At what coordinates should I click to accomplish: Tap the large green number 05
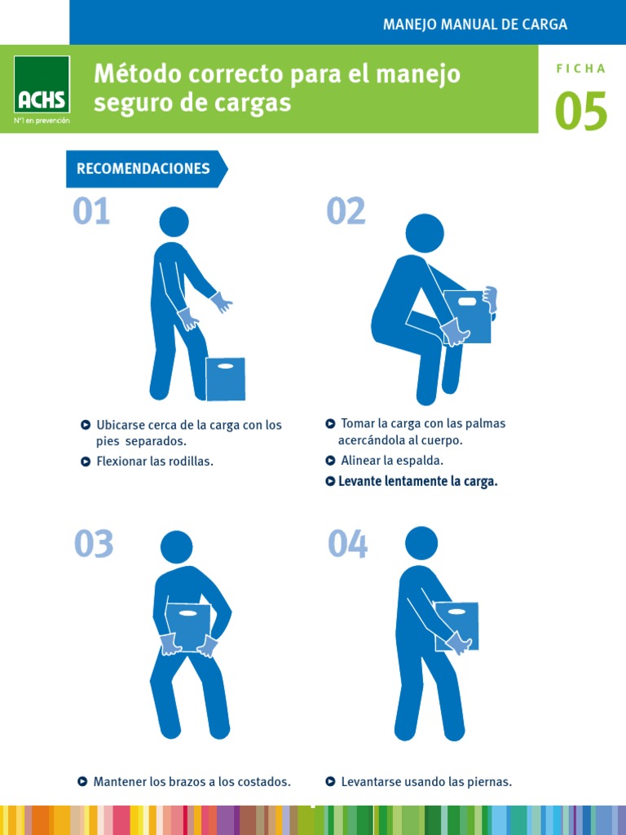pos(581,112)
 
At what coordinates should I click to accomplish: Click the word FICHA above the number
pos(581,69)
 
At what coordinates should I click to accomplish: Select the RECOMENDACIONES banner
pos(143,169)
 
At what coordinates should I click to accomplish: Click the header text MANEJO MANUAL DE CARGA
pos(475,24)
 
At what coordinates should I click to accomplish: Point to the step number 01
pos(91,212)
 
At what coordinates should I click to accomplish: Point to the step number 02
pos(346,212)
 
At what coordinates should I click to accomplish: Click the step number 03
pos(94,545)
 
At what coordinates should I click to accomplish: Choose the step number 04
pos(348,545)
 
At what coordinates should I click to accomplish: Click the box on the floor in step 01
pos(225,378)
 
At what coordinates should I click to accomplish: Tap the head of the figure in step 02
pos(425,233)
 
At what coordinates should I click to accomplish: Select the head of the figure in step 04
pos(421,543)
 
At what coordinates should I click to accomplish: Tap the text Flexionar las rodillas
pos(155,462)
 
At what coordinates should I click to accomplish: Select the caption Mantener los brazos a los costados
pos(192,782)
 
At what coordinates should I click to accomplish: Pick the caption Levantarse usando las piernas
pos(426,782)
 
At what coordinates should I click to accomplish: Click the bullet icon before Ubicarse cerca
pos(86,425)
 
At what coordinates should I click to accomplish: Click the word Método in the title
pos(135,74)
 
